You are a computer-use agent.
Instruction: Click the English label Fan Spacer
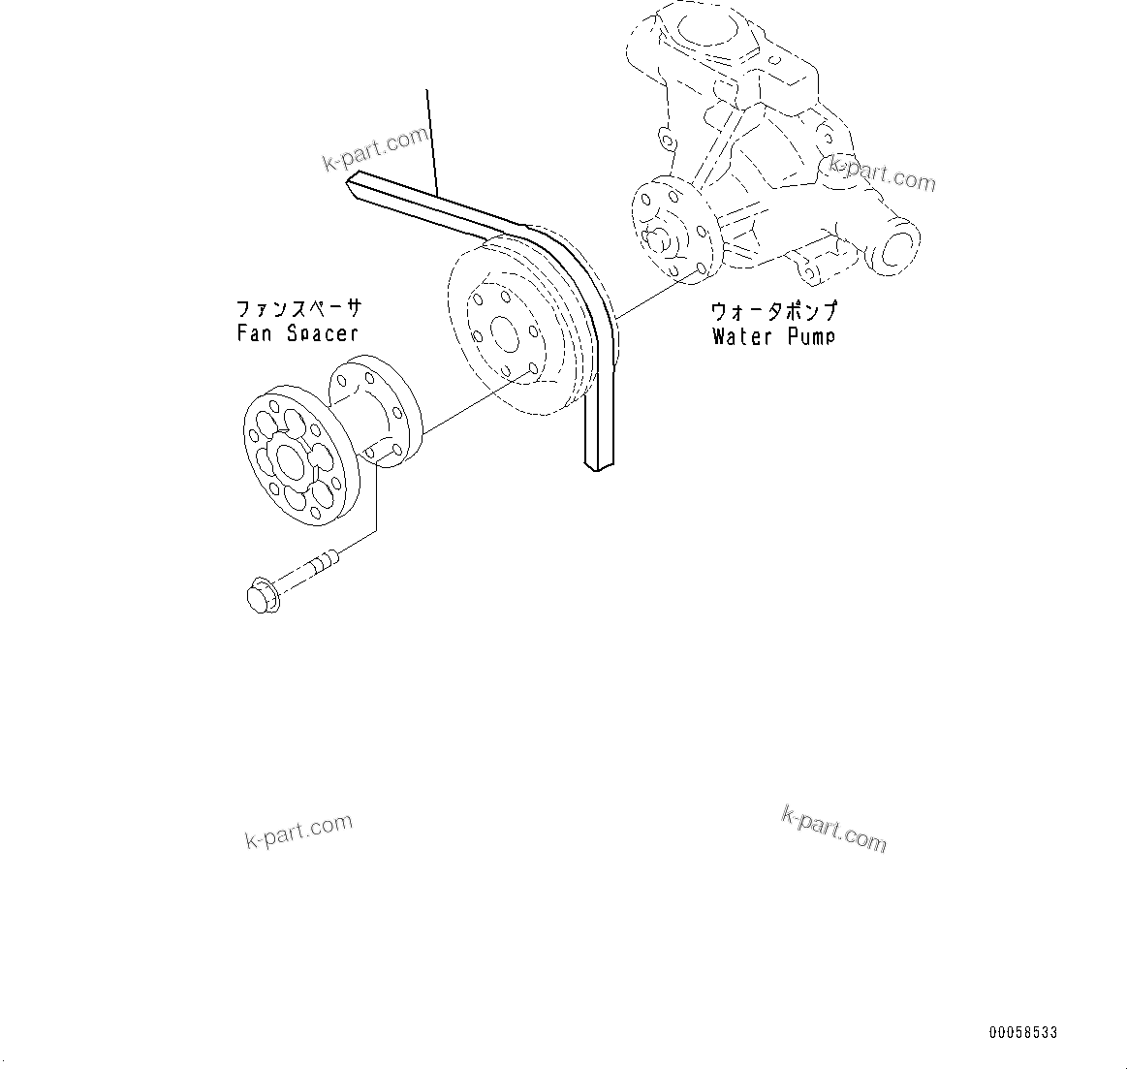click(297, 333)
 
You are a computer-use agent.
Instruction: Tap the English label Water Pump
click(772, 336)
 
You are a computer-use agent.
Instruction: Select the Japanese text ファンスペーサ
click(298, 309)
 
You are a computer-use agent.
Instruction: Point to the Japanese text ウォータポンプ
click(773, 312)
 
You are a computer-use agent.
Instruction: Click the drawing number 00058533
click(1022, 1033)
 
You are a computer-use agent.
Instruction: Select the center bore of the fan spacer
click(287, 459)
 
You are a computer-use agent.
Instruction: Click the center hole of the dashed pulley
click(504, 334)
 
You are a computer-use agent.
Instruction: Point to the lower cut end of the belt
click(598, 466)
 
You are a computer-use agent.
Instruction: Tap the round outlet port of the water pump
click(897, 244)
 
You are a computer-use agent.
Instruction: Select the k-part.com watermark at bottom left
click(297, 832)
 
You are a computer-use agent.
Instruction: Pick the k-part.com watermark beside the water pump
click(882, 173)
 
